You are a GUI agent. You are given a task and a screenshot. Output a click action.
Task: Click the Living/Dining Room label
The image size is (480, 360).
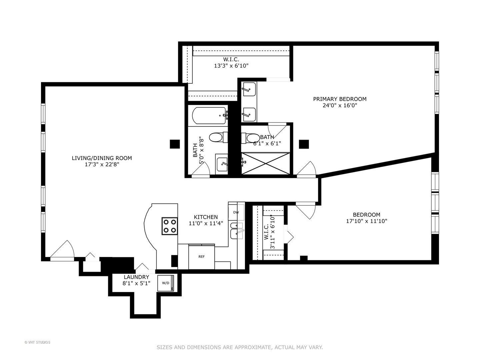click(102, 158)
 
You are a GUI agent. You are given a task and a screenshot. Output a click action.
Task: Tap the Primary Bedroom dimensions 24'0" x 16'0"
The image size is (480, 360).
click(340, 105)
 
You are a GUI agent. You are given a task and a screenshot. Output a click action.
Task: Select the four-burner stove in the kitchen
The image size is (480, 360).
click(169, 226)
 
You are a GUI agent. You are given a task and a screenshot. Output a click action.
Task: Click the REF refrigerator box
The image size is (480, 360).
click(202, 257)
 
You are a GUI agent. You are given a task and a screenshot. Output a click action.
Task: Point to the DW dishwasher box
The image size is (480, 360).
click(236, 212)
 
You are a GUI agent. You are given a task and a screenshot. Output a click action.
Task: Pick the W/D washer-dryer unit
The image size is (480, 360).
click(166, 283)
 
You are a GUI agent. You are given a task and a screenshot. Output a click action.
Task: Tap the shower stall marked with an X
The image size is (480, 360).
click(265, 163)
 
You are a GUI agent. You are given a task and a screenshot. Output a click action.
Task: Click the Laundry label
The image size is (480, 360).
click(136, 277)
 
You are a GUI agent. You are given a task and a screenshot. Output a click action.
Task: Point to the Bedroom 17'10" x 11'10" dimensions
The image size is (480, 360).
click(366, 221)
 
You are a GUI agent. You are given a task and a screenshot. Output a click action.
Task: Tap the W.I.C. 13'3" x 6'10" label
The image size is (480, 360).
click(231, 63)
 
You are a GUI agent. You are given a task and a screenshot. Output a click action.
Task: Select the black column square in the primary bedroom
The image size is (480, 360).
click(304, 144)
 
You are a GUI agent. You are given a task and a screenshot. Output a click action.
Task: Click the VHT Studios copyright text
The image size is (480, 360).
click(37, 342)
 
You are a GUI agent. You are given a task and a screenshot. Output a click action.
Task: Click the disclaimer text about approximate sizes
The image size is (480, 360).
click(240, 347)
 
